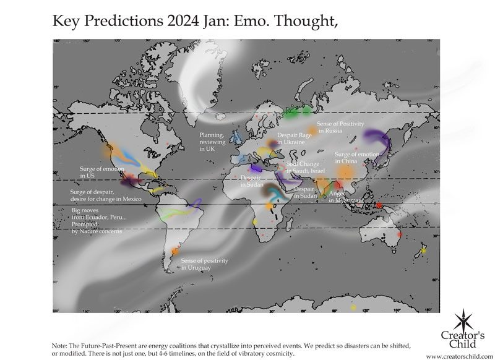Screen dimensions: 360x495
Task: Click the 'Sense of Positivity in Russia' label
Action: tap(339, 127)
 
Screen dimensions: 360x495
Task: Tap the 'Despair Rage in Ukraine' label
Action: tap(291, 139)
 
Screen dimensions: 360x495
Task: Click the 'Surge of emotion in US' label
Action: tap(101, 172)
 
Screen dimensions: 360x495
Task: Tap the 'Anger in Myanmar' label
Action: tap(344, 197)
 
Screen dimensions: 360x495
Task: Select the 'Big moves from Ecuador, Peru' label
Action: tap(99, 220)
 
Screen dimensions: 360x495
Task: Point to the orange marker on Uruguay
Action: tap(175, 251)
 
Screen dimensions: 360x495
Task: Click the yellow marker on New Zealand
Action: tap(424, 250)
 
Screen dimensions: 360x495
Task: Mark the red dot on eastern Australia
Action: tap(399, 234)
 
